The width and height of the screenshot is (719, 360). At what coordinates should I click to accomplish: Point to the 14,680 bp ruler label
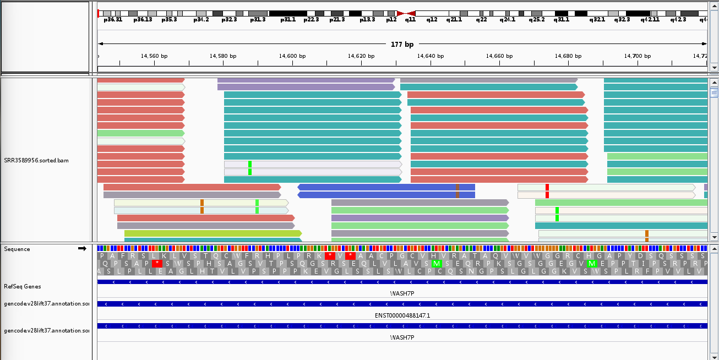tap(568, 56)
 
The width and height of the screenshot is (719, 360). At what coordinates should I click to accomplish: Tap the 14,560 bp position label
tap(154, 56)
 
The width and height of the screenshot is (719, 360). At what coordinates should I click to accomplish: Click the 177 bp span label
tap(401, 44)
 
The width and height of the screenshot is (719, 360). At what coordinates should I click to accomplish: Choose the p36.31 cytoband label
tap(113, 19)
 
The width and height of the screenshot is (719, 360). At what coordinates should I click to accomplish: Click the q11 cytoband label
tap(410, 19)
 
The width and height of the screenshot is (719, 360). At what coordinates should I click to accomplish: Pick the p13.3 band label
tap(367, 19)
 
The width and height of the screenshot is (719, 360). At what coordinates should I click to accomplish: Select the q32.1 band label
tap(597, 19)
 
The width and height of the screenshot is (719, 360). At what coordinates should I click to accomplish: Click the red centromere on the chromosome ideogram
tap(406, 13)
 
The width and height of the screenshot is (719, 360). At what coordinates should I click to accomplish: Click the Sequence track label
tap(17, 249)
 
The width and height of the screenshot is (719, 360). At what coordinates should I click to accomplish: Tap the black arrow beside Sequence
tap(82, 249)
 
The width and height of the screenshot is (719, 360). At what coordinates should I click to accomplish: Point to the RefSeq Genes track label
tap(23, 286)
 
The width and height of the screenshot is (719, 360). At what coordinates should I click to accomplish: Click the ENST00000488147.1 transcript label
tap(402, 315)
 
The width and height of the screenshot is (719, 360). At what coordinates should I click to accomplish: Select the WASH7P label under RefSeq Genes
tap(402, 293)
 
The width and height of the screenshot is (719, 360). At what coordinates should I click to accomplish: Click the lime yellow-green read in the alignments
tap(213, 233)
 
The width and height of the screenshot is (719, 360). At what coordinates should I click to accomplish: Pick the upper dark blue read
tap(386, 187)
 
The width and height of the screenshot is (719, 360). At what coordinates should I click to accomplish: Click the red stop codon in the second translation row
tap(157, 263)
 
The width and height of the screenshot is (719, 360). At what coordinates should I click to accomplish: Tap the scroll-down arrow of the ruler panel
tap(714, 67)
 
